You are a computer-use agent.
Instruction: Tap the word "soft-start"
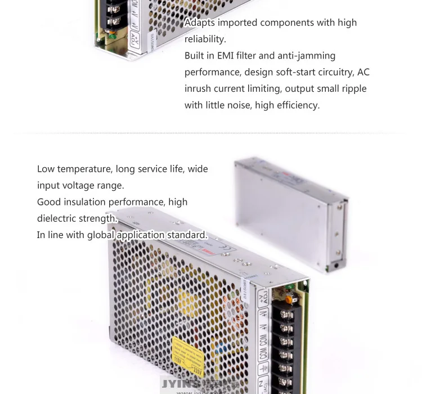pyautogui.click(x=302, y=72)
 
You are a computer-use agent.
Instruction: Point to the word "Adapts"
pyautogui.click(x=200, y=23)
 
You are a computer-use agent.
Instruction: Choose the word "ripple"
pyautogui.click(x=351, y=88)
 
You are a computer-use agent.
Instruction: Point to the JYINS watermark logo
pyautogui.click(x=180, y=384)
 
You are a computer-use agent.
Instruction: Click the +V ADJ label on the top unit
pyautogui.click(x=134, y=39)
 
